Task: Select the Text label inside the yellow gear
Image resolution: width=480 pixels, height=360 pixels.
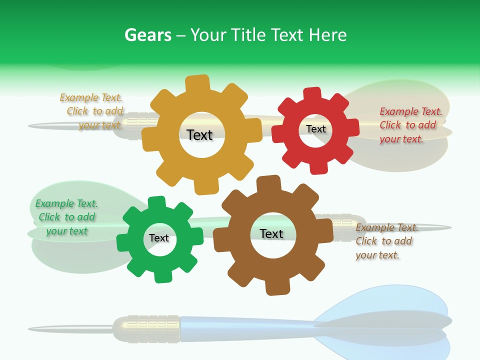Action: click(199, 135)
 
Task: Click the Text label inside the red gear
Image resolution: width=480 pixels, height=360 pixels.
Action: click(315, 129)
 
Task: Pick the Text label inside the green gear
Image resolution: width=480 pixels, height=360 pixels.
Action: click(159, 238)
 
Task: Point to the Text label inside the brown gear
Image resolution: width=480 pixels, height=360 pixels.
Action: click(271, 233)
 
